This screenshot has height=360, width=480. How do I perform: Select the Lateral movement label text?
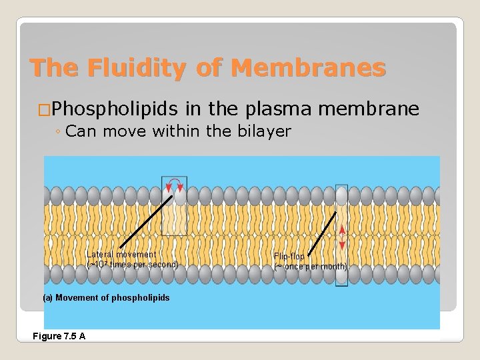[121, 254]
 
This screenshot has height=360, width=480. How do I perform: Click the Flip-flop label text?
[289, 257]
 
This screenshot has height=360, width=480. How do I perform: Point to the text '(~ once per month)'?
[311, 267]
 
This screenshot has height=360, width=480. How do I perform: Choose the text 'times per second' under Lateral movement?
[144, 265]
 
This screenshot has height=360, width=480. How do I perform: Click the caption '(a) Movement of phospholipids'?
[106, 297]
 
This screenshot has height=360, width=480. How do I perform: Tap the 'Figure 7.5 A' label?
[59, 336]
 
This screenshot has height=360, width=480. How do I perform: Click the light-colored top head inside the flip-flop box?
[342, 195]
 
